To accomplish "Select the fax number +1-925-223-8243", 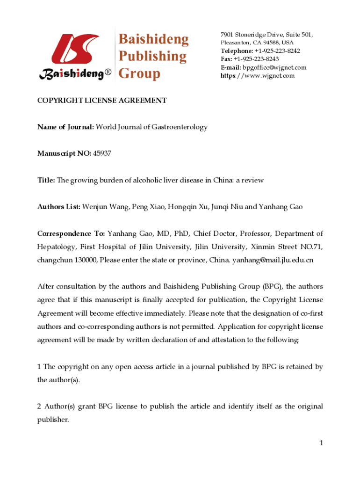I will point(256,59).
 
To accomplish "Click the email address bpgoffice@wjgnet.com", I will point(274,67).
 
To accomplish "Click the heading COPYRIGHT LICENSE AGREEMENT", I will point(102,101).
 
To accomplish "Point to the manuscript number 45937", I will point(102,153).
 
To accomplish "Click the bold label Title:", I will point(46,180).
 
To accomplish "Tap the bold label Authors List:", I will point(59,206).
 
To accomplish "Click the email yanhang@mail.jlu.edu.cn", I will point(273,260).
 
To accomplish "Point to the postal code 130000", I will point(85,260).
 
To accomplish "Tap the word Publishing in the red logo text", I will point(152,56).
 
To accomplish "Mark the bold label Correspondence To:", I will point(72,233).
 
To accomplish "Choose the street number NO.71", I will point(310,247).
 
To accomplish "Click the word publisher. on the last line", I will point(53,420).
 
